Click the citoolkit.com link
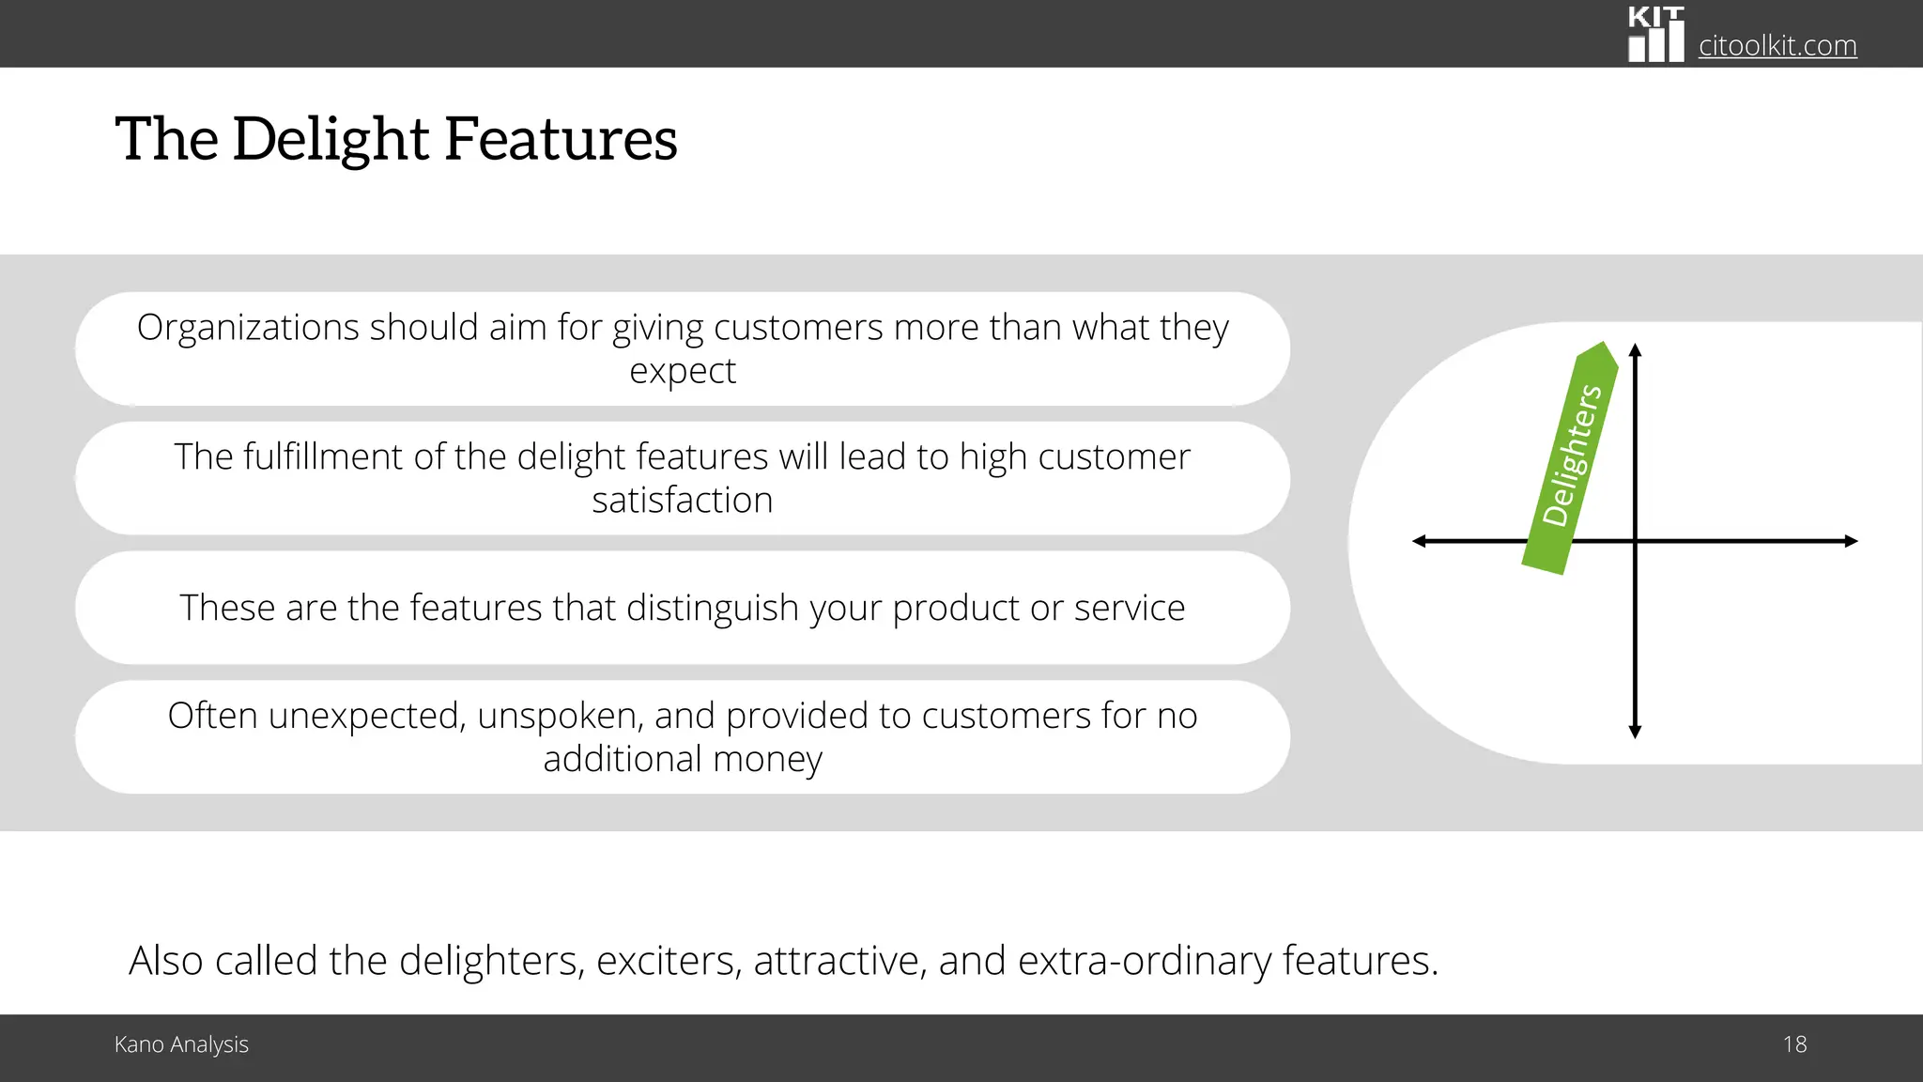click(1777, 45)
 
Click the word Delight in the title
click(331, 139)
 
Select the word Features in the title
click(561, 139)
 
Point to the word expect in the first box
click(683, 371)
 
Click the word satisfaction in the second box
click(683, 500)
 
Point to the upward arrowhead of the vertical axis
click(1635, 350)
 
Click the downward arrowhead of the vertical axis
click(1635, 732)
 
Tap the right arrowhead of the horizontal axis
click(1851, 541)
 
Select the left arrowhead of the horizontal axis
click(1420, 541)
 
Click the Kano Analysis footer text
click(181, 1044)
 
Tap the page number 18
click(1794, 1044)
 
